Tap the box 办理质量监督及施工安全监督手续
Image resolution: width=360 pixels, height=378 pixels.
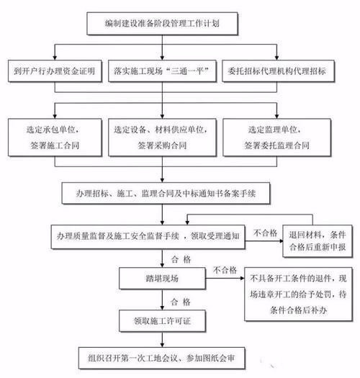tap(150, 235)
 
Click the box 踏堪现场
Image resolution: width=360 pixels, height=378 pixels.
tap(146, 276)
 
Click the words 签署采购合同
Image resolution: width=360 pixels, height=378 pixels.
tap(163, 145)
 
